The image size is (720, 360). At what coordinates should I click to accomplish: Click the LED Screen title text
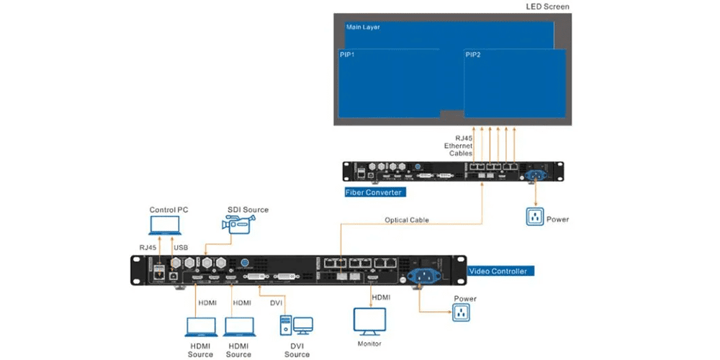[547, 7]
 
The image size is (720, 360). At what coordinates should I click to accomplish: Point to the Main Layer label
[363, 27]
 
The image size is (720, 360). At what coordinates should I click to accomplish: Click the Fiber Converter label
[374, 192]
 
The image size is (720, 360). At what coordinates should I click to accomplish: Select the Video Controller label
[498, 271]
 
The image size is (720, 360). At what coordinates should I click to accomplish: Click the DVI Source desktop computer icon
[296, 325]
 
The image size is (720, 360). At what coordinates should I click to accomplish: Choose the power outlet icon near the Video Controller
[461, 312]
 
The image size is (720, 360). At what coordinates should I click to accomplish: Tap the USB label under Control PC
[181, 248]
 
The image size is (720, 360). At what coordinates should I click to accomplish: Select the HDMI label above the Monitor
[381, 297]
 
